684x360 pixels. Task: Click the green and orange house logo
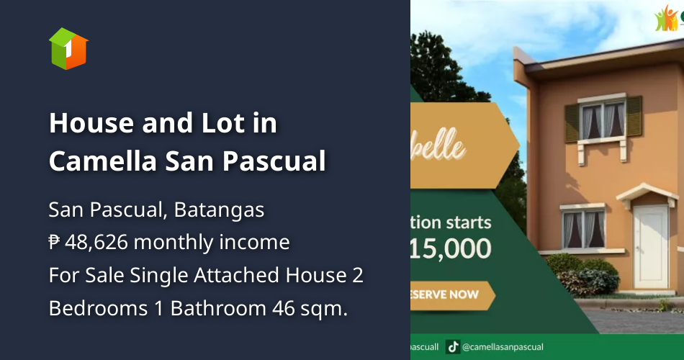pyautogui.click(x=68, y=48)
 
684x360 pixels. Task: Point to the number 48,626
pyautogui.click(x=96, y=243)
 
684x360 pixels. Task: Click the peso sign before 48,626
pyautogui.click(x=55, y=243)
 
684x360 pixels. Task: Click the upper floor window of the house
pyautogui.click(x=603, y=120)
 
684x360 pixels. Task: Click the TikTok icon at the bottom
pyautogui.click(x=454, y=347)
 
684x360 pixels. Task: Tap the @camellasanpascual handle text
pyautogui.click(x=504, y=347)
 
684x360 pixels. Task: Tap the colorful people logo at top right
pyautogui.click(x=667, y=19)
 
